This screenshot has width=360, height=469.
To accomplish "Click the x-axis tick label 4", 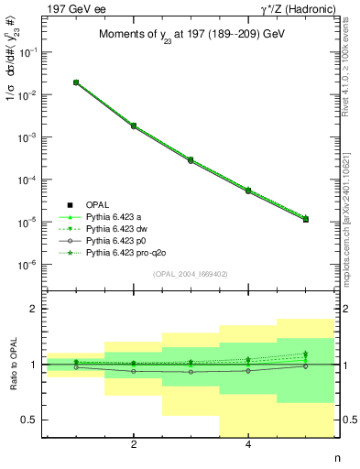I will [248, 445].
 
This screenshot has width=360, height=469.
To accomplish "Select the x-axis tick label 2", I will [134, 445].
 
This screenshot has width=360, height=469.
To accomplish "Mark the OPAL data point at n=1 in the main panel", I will [76, 82].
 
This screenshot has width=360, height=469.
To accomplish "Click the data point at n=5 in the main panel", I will [305, 219].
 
